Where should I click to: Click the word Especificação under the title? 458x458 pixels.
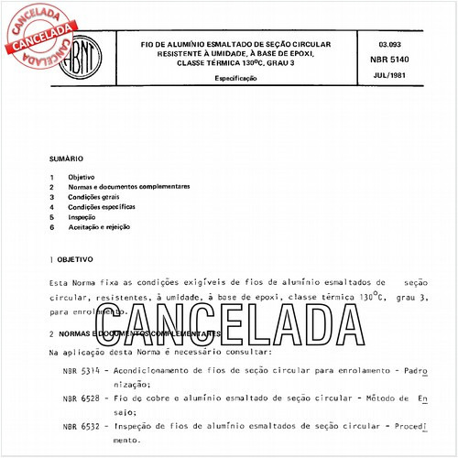(236, 79)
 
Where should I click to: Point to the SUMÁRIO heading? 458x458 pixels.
(66, 158)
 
